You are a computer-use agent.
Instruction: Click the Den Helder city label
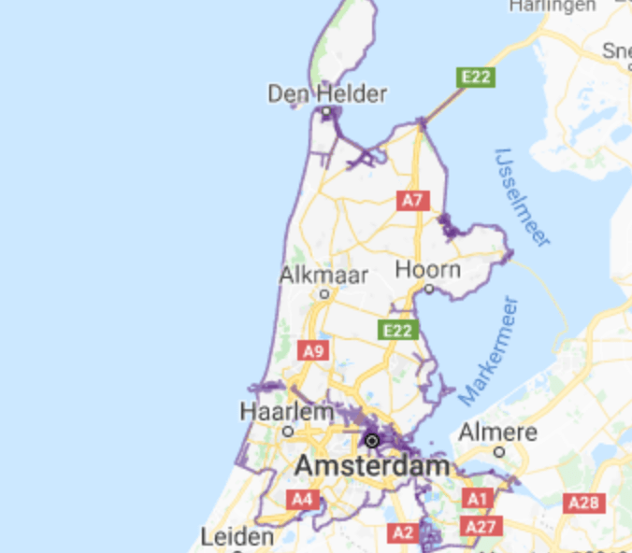[x=314, y=93]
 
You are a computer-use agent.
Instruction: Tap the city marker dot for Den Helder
[x=326, y=112]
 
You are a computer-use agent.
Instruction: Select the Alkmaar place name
[x=323, y=276]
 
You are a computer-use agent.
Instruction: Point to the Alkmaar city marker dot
[x=324, y=293]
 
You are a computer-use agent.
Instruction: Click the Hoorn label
[x=428, y=270]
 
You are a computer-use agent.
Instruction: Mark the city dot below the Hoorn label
[x=429, y=289]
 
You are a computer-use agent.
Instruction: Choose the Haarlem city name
[x=287, y=411]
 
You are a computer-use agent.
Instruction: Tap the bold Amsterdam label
[x=372, y=465]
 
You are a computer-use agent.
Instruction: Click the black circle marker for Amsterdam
[x=372, y=440]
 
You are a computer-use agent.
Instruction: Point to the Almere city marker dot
[x=499, y=451]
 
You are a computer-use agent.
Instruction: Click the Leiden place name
[x=237, y=537]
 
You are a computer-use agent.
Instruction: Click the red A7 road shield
[x=412, y=200]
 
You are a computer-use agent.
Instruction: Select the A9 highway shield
[x=313, y=350]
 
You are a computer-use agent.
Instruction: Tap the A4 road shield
[x=301, y=500]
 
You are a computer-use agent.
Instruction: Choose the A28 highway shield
[x=583, y=503]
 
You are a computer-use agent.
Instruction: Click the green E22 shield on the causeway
[x=475, y=77]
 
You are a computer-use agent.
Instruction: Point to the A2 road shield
[x=403, y=532]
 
